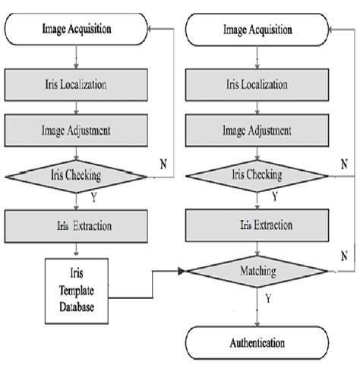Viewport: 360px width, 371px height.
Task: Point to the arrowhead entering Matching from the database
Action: [182, 270]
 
